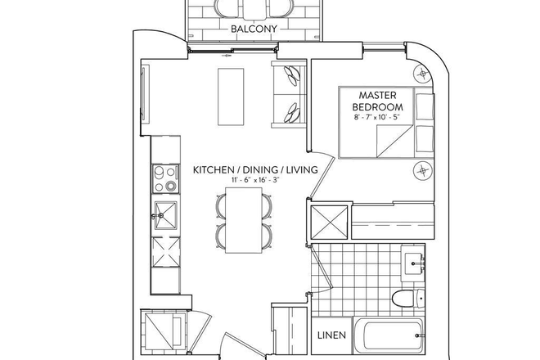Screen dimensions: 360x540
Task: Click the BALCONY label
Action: click(253, 29)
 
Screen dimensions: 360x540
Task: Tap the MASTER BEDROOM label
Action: click(377, 101)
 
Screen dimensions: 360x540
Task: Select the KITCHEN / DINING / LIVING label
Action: click(254, 170)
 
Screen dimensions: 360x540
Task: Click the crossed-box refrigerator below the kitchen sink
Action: click(164, 252)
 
